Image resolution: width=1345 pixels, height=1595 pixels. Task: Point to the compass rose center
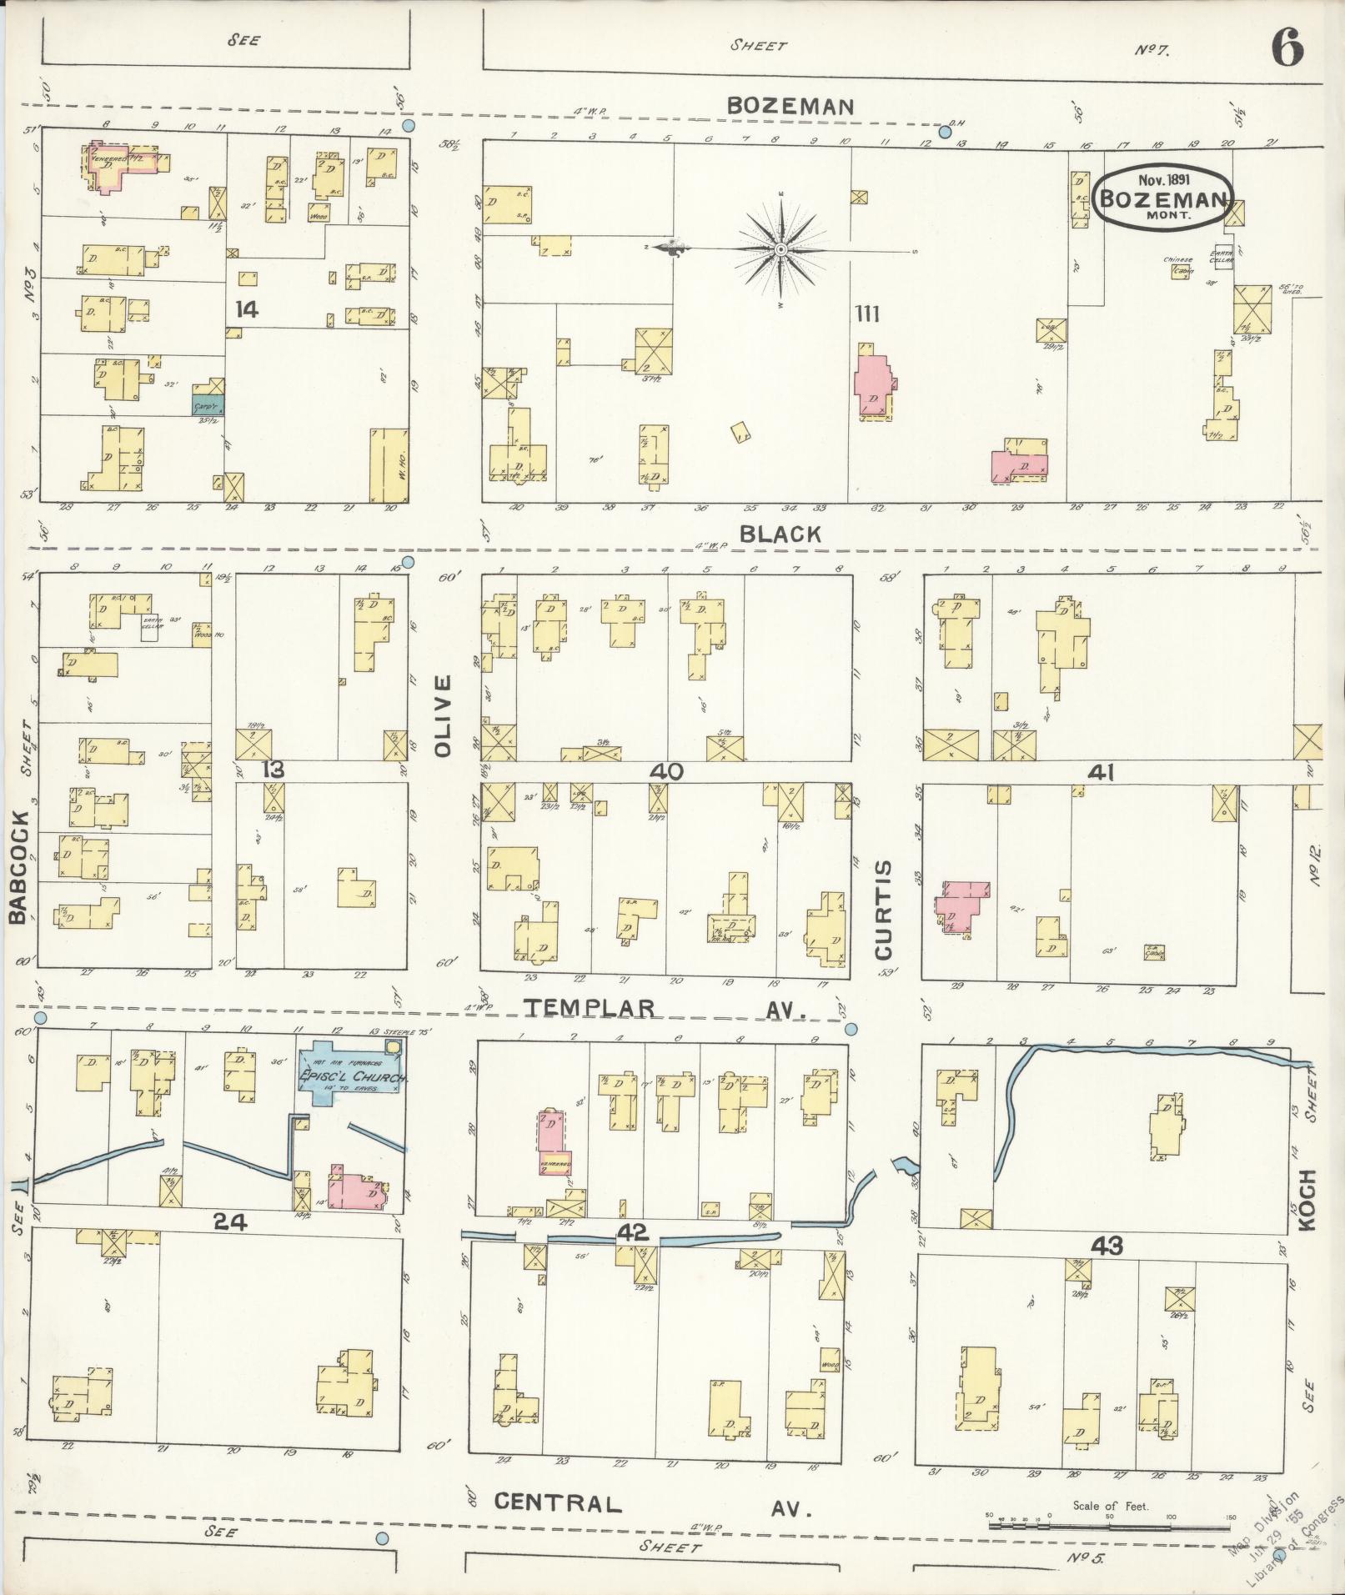click(x=780, y=249)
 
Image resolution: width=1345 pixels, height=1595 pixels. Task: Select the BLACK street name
click(x=780, y=534)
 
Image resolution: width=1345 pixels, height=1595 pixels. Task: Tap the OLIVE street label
click(x=442, y=715)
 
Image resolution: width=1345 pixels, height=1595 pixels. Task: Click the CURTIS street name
click(x=883, y=909)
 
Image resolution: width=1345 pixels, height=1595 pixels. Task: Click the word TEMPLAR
click(x=590, y=1008)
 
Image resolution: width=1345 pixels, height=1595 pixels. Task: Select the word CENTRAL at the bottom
click(x=558, y=1503)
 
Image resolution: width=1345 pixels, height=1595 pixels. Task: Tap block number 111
click(x=866, y=313)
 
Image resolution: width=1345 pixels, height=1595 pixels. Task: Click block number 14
click(x=246, y=310)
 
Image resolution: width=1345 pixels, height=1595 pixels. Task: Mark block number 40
click(x=667, y=771)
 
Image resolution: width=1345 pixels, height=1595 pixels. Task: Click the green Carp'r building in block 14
click(x=208, y=405)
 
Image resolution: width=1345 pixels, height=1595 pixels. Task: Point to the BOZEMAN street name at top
click(x=790, y=106)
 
